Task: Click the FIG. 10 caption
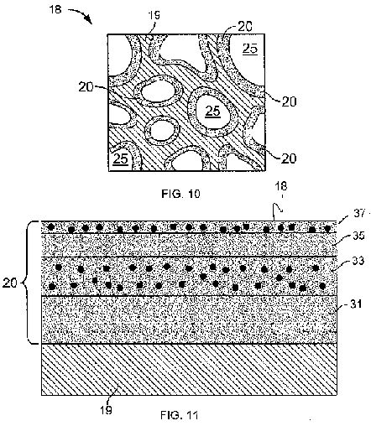pos(180,194)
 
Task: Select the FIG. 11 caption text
pos(180,415)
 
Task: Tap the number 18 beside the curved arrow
pos(55,9)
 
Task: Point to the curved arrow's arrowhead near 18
pos(89,20)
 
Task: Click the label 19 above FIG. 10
pos(154,15)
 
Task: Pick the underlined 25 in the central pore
pos(213,112)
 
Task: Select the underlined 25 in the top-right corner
pos(250,49)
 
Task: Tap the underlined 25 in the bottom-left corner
pos(121,159)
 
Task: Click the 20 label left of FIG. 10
pos(86,87)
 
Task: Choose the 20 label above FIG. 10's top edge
pos(245,26)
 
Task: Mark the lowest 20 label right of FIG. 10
pos(289,158)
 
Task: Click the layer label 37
pos(359,214)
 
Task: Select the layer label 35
pos(358,236)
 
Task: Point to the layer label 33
pos(358,261)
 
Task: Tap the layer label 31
pos(356,304)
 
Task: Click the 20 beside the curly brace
pos(10,283)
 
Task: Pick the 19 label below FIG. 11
pos(107,410)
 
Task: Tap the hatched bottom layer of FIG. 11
pos(189,369)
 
